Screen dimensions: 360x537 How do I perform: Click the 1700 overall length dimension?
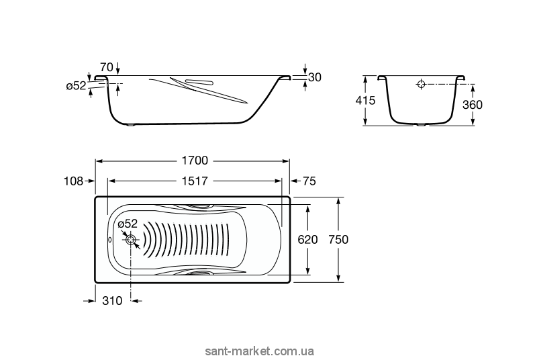[x=192, y=161]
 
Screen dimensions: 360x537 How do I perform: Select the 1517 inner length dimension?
[x=193, y=181]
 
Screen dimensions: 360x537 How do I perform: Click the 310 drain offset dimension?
[x=111, y=301]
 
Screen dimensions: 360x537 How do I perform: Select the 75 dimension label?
[x=309, y=181]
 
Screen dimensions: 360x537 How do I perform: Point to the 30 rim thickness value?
[x=315, y=77]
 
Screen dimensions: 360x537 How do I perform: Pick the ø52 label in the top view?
[x=128, y=224]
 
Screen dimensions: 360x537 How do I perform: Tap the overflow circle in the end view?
[x=421, y=85]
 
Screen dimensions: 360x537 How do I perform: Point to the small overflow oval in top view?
[x=110, y=240]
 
